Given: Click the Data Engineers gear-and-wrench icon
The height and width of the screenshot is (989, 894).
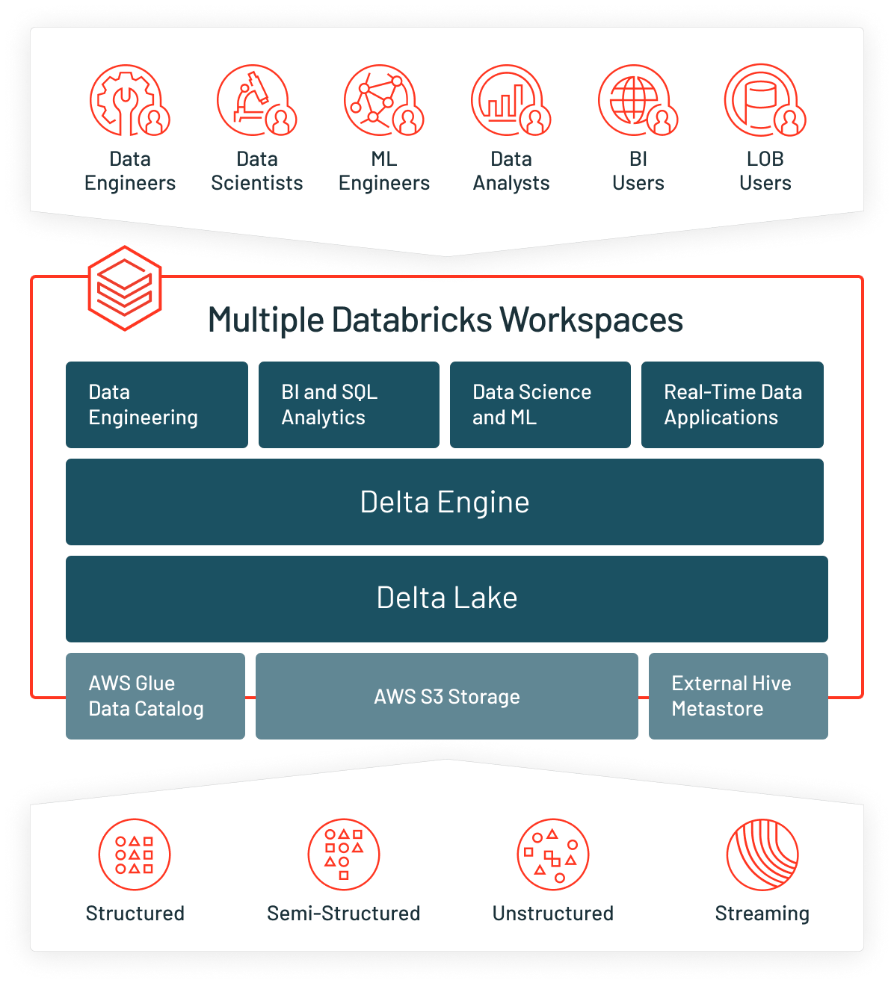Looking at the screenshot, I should [x=129, y=100].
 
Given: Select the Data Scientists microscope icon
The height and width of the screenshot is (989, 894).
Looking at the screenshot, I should [x=256, y=100].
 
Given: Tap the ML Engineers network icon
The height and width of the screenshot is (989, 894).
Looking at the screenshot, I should [x=383, y=100].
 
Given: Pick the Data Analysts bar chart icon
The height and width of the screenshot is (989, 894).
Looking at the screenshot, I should [x=510, y=100].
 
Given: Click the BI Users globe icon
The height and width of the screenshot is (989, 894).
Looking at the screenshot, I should [x=637, y=100].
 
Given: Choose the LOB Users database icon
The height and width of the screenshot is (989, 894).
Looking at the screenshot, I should [x=764, y=100].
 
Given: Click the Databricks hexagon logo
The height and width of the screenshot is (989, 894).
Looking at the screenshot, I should [x=125, y=288].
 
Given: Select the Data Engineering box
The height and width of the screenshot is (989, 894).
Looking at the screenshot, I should [x=157, y=405].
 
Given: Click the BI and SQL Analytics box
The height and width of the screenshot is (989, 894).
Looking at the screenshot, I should [x=349, y=405].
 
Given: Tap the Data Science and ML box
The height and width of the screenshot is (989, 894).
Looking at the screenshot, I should [x=540, y=405].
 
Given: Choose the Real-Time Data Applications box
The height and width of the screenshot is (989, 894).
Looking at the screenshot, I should [x=733, y=405].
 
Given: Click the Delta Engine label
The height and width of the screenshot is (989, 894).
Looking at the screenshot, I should [x=445, y=502].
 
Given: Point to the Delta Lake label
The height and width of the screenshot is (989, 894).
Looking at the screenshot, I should [x=447, y=598].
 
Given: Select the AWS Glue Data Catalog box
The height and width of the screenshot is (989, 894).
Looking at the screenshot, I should [x=155, y=696].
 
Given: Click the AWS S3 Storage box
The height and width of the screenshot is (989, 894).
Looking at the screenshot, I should [x=447, y=696].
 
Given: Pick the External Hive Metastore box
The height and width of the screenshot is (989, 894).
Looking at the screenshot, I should [x=739, y=696].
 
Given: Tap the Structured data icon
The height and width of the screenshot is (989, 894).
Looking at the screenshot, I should [x=135, y=855].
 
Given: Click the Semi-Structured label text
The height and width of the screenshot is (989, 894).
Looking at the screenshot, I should [x=344, y=913].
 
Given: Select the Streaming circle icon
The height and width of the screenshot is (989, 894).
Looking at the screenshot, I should [x=762, y=855].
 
